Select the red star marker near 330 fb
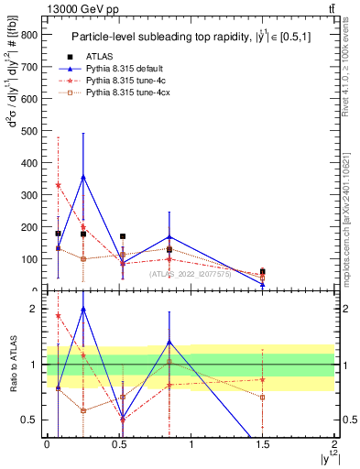[x=58, y=185]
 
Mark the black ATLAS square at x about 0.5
[x=123, y=236]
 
